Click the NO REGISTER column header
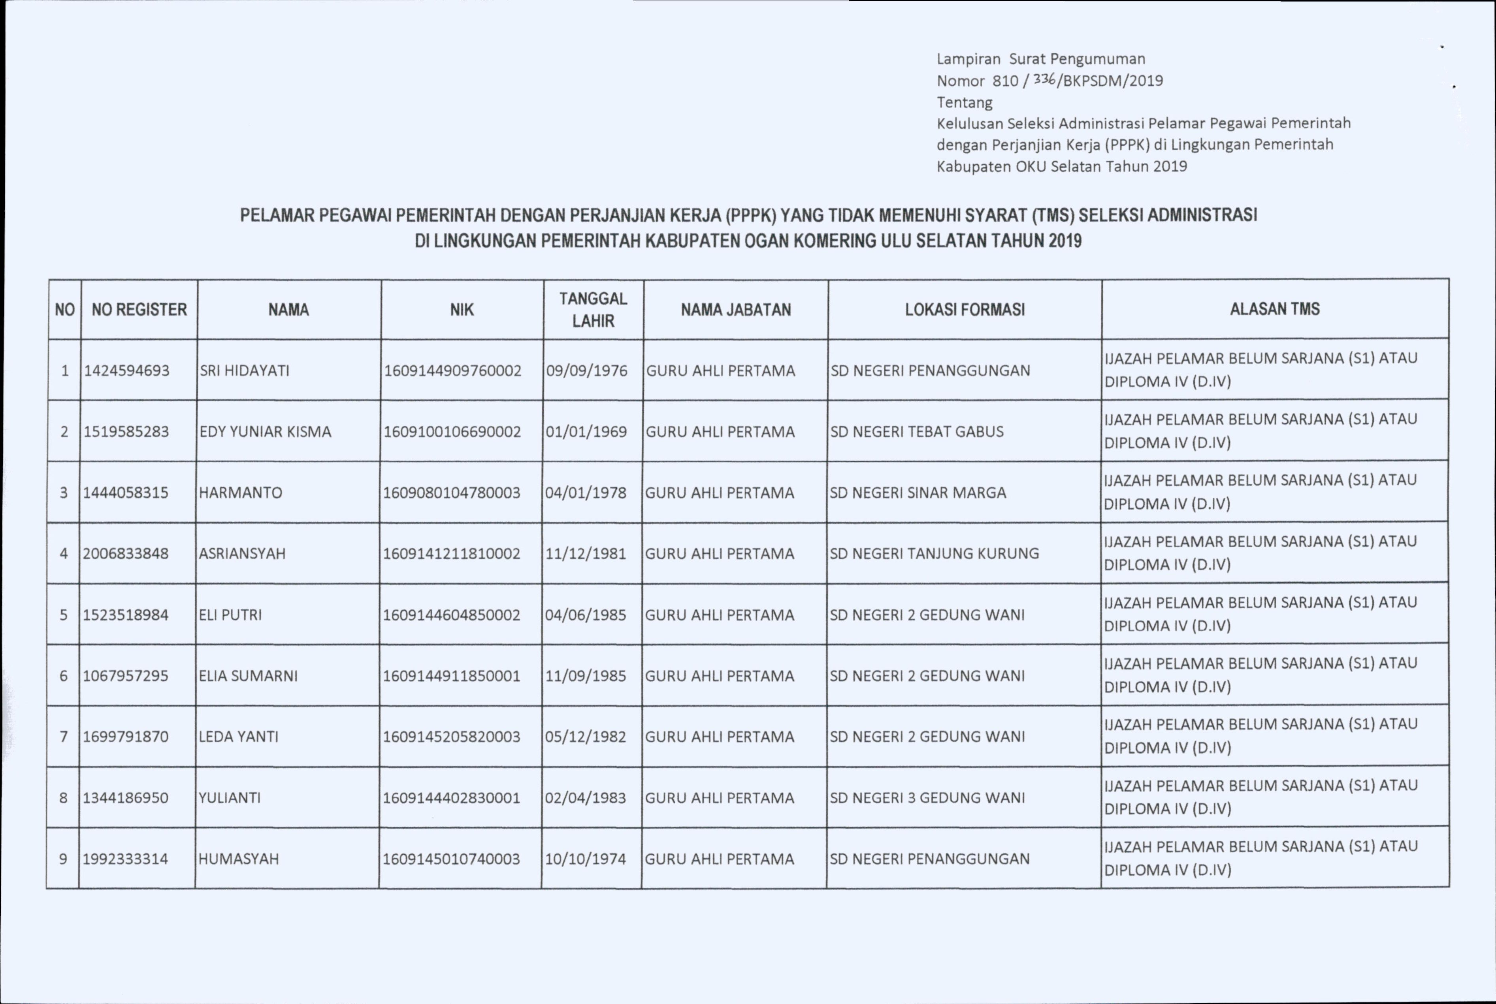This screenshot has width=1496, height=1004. coord(139,310)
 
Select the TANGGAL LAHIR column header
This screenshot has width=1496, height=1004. coord(593,310)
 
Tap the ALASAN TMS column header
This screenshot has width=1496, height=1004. coord(1274,309)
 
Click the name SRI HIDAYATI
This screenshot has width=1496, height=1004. coord(245,371)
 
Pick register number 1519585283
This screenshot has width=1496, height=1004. coord(126,432)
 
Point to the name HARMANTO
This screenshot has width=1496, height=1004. coord(240,493)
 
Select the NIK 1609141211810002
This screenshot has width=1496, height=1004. coord(452,553)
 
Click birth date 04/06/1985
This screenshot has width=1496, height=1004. coord(585,615)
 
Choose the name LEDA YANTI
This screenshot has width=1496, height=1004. coord(238,736)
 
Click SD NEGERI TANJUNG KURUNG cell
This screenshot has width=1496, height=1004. coord(934,553)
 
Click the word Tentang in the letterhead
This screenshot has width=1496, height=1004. coord(965,102)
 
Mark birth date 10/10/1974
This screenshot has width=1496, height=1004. coord(585,859)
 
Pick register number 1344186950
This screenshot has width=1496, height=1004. coord(126,798)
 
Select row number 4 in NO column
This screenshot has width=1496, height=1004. coord(63,553)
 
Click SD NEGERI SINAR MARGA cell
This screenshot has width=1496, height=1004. coord(918,493)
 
